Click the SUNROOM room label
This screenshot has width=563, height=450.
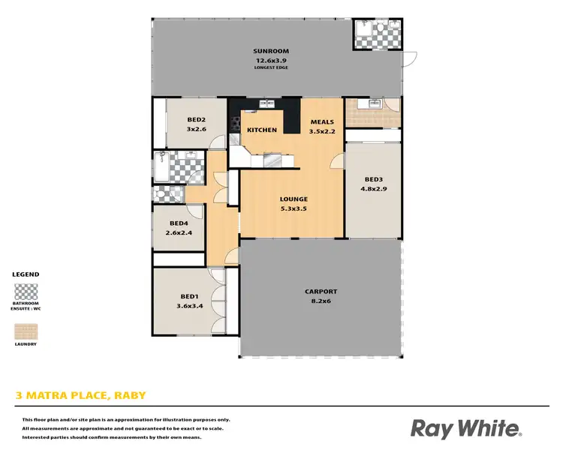point(271,51)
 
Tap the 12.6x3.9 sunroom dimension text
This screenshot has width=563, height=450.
point(271,60)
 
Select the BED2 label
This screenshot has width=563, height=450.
point(197,119)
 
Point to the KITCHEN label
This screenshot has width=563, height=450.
point(262,130)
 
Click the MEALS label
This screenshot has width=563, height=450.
point(322,122)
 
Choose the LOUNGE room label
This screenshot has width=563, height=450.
point(294,199)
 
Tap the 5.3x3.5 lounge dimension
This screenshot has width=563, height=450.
point(294,208)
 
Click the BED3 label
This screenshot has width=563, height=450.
point(374,179)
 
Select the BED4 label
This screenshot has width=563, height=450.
point(179,223)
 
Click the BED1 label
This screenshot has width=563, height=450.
point(189,296)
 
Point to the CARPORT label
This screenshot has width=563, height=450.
point(321,292)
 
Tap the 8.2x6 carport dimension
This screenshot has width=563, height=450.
point(321,301)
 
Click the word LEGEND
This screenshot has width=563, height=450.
point(26,274)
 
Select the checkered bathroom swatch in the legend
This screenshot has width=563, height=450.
point(26,292)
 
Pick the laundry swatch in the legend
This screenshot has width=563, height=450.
point(26,331)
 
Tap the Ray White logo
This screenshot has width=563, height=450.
point(466,428)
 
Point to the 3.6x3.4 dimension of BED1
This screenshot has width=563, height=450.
point(189,305)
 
